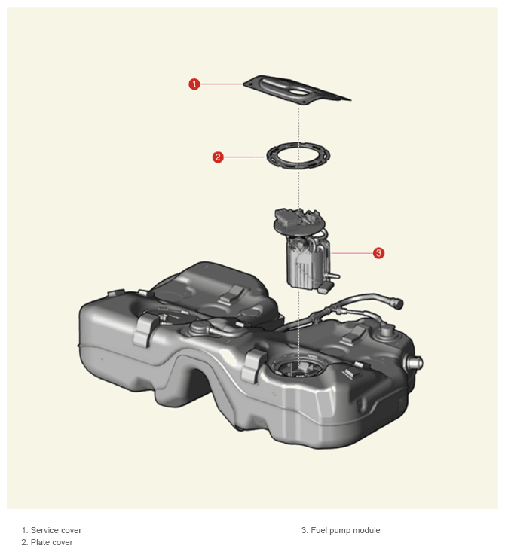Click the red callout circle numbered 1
click(194, 84)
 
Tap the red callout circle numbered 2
click(218, 157)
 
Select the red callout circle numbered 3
click(378, 253)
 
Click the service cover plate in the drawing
click(296, 90)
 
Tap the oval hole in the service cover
click(298, 93)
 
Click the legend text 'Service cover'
click(56, 530)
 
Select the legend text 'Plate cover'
click(52, 542)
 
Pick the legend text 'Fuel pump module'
click(345, 530)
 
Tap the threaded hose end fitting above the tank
click(396, 303)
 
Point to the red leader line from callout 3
click(352, 253)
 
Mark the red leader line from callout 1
click(222, 84)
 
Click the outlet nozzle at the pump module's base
click(334, 276)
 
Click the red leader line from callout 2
click(245, 157)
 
